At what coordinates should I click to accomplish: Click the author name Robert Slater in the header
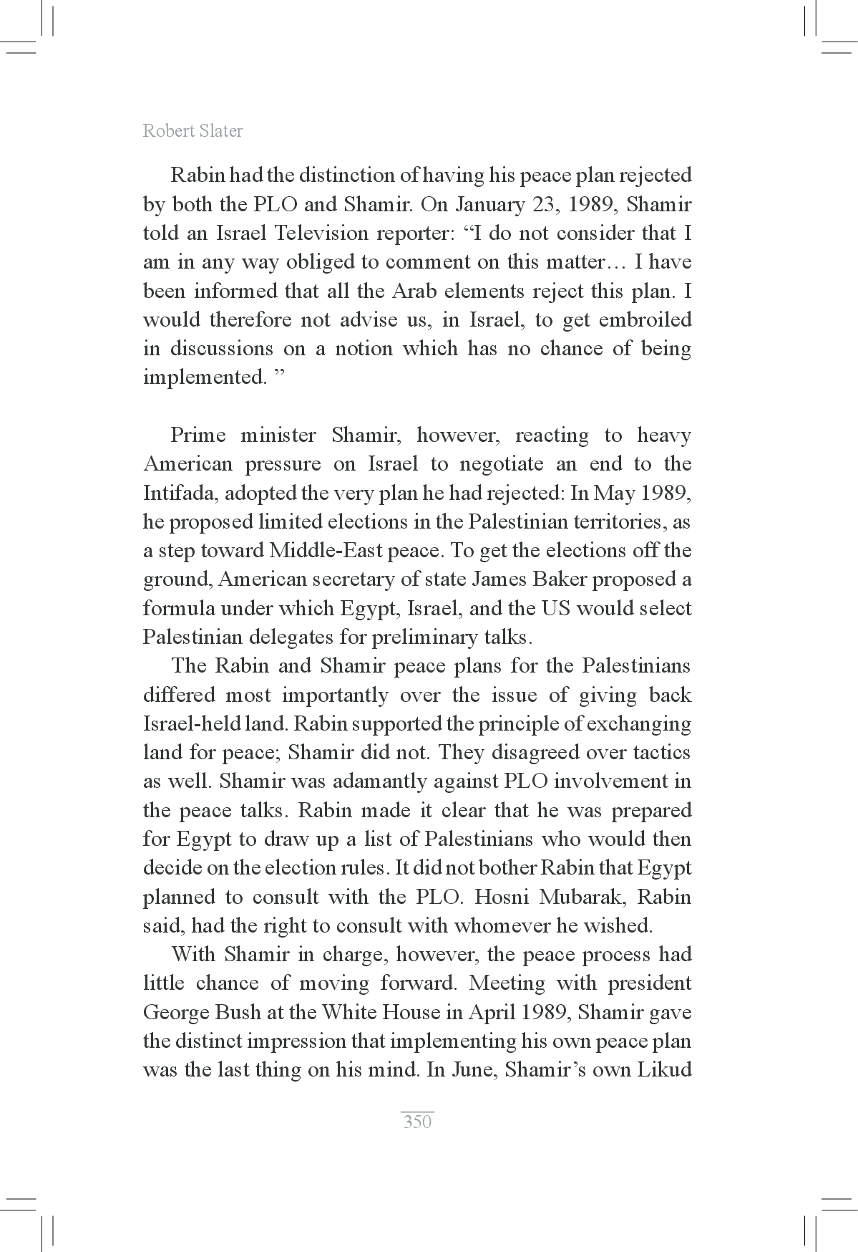pos(192,131)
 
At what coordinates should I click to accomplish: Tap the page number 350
pos(417,1121)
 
